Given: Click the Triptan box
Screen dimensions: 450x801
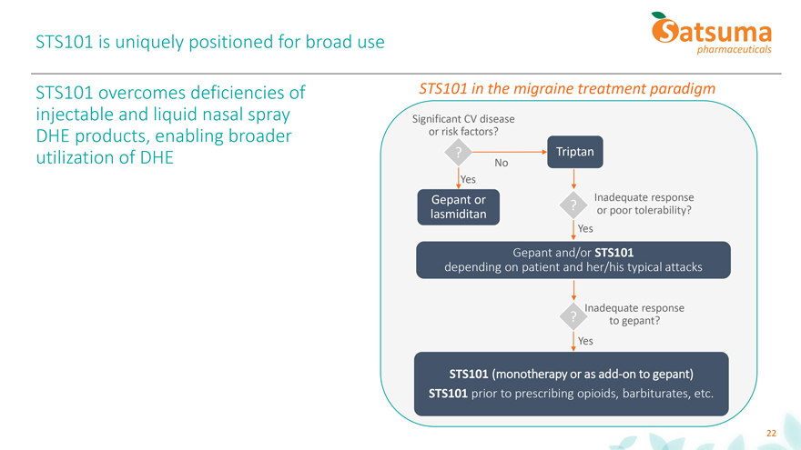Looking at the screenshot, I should click(x=573, y=152).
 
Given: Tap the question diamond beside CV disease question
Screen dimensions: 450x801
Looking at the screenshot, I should click(x=460, y=152).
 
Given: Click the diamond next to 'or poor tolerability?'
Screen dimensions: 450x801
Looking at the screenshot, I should click(x=573, y=205).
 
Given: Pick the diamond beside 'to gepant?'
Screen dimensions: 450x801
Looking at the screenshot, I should click(x=573, y=316).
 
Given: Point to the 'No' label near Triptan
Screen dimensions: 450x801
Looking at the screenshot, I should click(x=501, y=163).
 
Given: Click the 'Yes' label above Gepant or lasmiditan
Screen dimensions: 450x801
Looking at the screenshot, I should click(x=469, y=179).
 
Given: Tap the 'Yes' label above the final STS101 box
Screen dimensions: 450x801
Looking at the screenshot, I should click(x=585, y=341).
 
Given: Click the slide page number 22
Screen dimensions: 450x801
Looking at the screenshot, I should click(x=771, y=433).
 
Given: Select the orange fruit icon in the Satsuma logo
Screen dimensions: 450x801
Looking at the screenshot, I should click(x=664, y=29).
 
